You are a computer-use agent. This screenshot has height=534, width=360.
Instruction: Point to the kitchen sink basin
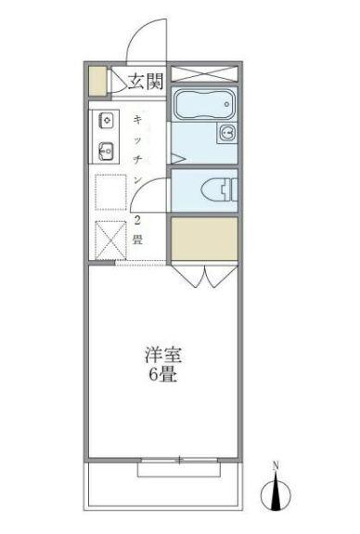(x=106, y=149)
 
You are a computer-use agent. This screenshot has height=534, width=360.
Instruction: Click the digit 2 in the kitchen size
(x=137, y=221)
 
